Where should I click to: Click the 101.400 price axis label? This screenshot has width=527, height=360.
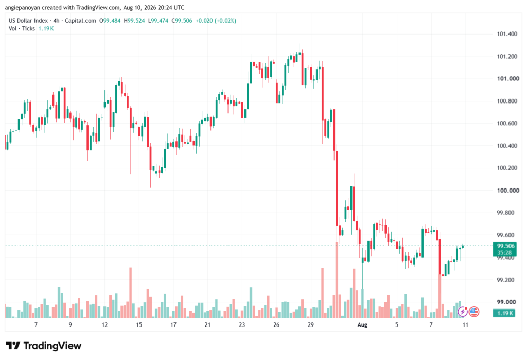click(x=507, y=34)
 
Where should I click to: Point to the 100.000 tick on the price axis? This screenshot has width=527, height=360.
click(x=508, y=191)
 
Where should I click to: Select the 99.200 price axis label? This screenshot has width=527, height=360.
click(x=507, y=280)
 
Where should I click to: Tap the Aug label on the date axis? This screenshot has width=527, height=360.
click(x=362, y=325)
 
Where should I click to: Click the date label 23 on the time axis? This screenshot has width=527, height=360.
click(x=242, y=325)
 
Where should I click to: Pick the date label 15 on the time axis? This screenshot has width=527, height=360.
click(x=139, y=325)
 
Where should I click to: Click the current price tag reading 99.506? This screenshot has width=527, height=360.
click(x=504, y=246)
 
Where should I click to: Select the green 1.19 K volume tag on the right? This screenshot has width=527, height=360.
click(x=504, y=313)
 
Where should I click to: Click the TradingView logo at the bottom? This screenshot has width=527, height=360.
click(x=44, y=346)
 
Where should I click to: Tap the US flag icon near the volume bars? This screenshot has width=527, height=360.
click(x=474, y=312)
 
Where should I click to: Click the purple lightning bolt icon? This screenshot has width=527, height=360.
click(x=463, y=312)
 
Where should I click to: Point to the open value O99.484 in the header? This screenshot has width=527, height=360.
click(x=110, y=21)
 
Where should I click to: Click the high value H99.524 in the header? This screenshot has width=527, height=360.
click(x=134, y=21)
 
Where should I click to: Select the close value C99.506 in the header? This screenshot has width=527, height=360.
click(x=182, y=21)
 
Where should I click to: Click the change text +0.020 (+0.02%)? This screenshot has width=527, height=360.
click(x=216, y=21)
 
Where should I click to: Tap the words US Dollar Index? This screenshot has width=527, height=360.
click(x=28, y=21)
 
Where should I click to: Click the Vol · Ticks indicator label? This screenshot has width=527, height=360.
click(x=22, y=29)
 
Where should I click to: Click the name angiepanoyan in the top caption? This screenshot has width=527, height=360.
click(x=22, y=7)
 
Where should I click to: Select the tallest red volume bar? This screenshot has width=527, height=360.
click(x=337, y=280)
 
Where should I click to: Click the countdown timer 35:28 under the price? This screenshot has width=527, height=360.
click(x=504, y=253)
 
